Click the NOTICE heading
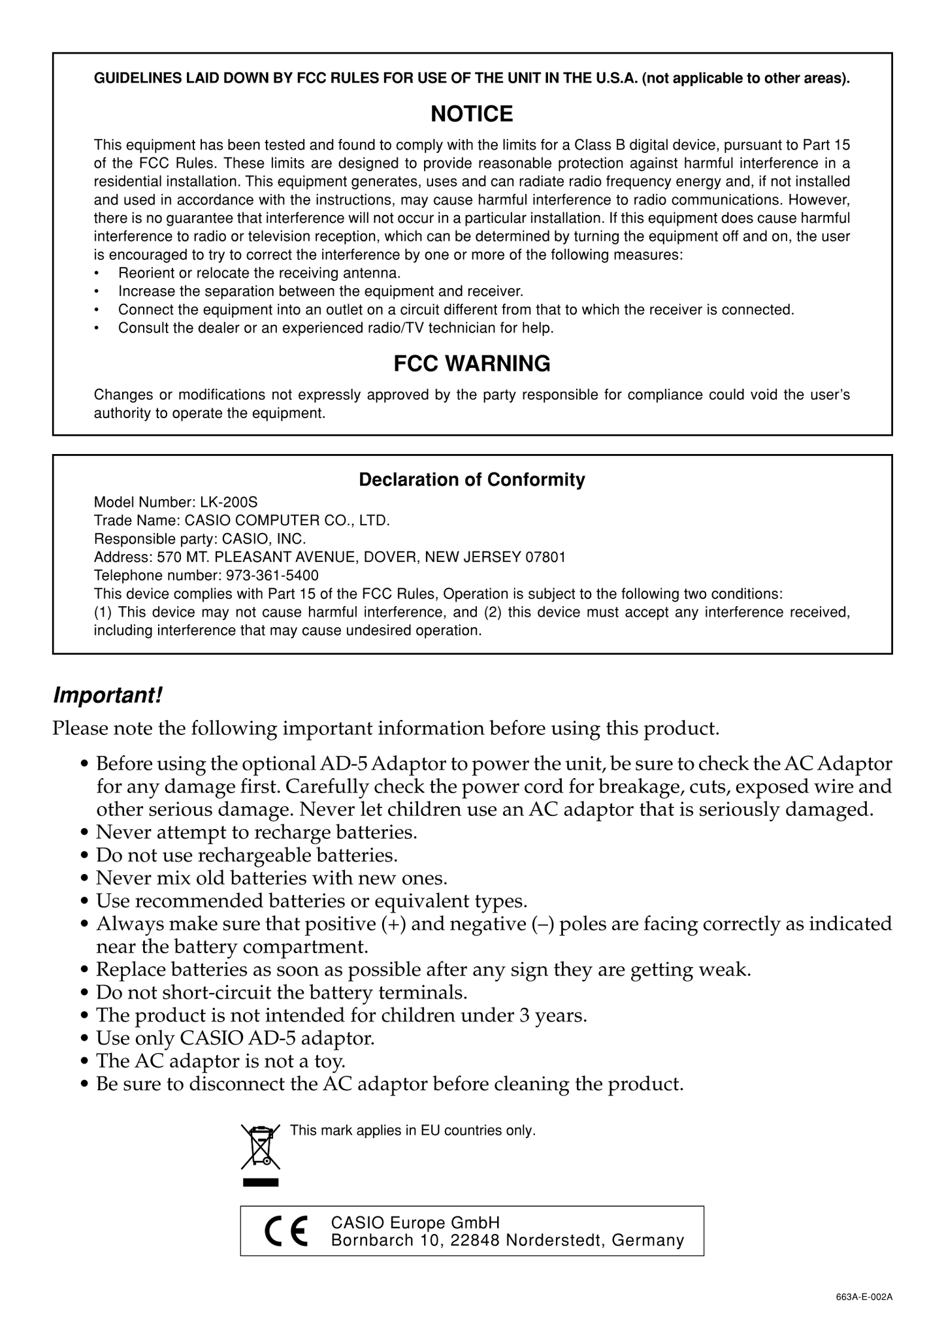[x=472, y=114]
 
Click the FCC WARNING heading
[x=472, y=364]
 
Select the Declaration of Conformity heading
[x=472, y=480]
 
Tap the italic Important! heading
[x=107, y=696]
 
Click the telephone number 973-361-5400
[x=272, y=576]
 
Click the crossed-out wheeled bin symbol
[x=261, y=1147]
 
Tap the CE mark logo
[x=286, y=1231]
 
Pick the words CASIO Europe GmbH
[x=415, y=1222]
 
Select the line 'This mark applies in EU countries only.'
[x=413, y=1131]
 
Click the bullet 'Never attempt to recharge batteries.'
[x=256, y=833]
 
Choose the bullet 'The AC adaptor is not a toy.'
[x=220, y=1061]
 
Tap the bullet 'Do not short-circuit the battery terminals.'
[x=282, y=993]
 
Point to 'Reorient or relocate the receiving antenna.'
[x=259, y=273]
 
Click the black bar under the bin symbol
[x=261, y=1182]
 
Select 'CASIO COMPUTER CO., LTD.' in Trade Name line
[x=287, y=521]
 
